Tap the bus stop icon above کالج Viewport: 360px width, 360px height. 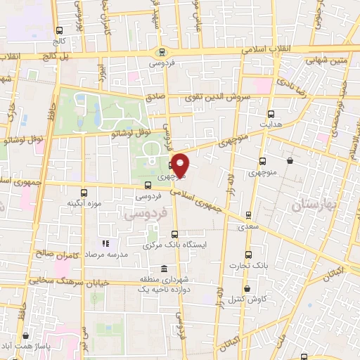pos(59,30)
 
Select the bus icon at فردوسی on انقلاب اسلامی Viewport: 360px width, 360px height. pos(162,51)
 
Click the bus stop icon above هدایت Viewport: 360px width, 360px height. pos(271,112)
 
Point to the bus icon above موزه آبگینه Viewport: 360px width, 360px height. pos(84,192)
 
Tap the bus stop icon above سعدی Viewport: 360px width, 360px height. pos(247,216)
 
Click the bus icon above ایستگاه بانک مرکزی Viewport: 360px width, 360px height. pos(174,235)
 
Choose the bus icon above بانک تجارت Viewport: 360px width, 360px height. pos(247,255)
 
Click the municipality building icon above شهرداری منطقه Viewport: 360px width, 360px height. pos(164,269)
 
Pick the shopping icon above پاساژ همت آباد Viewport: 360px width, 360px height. pos(26,337)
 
